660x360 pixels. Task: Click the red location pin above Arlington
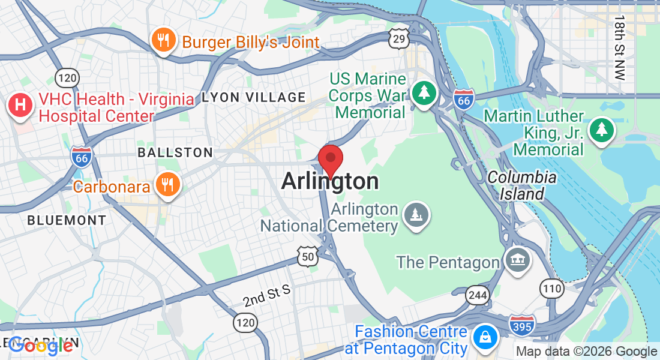click(x=330, y=158)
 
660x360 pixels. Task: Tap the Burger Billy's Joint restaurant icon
click(x=163, y=41)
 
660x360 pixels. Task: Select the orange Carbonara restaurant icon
click(x=167, y=184)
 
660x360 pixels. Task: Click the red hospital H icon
click(x=20, y=105)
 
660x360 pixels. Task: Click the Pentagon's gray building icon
click(x=517, y=260)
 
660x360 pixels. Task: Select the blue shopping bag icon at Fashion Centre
click(x=484, y=336)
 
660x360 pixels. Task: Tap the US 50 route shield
click(x=307, y=257)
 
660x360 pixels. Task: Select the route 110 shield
click(x=551, y=288)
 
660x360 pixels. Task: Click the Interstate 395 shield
click(x=521, y=325)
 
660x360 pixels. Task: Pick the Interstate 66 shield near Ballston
click(x=82, y=157)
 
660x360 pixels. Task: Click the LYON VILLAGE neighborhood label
click(x=254, y=97)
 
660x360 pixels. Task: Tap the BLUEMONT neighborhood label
click(x=67, y=220)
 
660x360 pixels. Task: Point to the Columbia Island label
click(x=521, y=185)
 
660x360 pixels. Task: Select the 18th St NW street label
click(x=619, y=48)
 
